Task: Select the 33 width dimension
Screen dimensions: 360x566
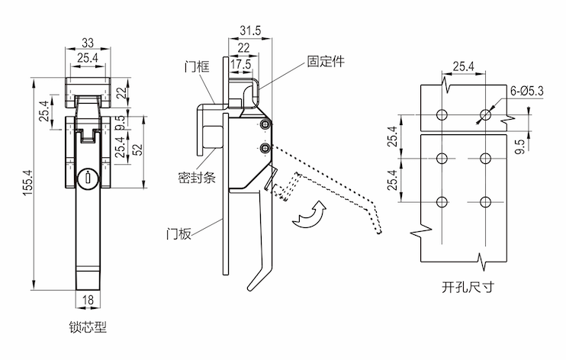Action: coord(88,43)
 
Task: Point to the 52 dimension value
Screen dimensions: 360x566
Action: coord(137,149)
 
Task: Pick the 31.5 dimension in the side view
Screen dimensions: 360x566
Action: coord(249,30)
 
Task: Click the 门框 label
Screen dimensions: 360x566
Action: coord(196,66)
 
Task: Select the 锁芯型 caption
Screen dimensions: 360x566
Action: coord(87,329)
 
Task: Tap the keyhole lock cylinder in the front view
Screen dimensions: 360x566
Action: coord(87,179)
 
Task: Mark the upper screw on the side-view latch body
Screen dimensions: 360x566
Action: coord(264,125)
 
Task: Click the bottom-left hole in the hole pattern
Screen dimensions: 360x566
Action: coord(442,201)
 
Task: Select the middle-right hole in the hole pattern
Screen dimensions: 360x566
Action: coord(484,159)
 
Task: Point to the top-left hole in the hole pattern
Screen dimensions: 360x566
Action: coord(442,114)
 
